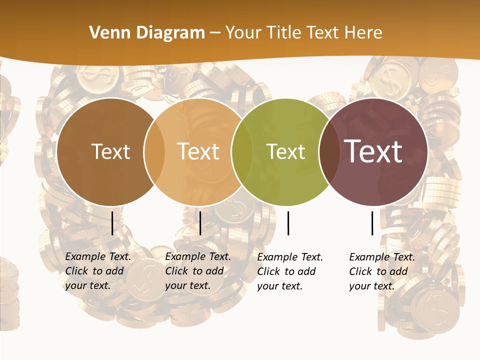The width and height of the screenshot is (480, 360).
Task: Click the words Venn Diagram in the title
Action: pyautogui.click(x=147, y=33)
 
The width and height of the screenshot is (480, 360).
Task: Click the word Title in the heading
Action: pyautogui.click(x=284, y=33)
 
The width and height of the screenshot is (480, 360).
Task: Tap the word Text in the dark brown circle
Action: pyautogui.click(x=110, y=152)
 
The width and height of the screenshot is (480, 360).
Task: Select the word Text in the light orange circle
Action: pyautogui.click(x=198, y=152)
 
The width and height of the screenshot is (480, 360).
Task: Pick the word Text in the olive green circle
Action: pyautogui.click(x=285, y=152)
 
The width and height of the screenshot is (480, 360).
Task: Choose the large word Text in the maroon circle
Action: pyautogui.click(x=373, y=151)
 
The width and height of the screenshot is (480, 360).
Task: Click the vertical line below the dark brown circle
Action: pyautogui.click(x=112, y=223)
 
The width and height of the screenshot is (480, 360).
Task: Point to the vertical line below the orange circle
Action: pyautogui.click(x=200, y=223)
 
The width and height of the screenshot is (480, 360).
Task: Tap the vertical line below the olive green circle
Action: pyautogui.click(x=288, y=223)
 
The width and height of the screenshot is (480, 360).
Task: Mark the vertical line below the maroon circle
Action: pyautogui.click(x=372, y=223)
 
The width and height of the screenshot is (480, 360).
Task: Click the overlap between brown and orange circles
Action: pyautogui.click(x=154, y=152)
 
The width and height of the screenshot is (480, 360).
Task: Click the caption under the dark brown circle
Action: pyautogui.click(x=97, y=271)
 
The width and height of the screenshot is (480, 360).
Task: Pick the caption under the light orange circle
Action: pyautogui.click(x=197, y=271)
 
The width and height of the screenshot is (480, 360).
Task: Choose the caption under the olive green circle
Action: pyautogui.click(x=289, y=271)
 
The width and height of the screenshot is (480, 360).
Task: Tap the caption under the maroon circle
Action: pyautogui.click(x=381, y=271)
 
